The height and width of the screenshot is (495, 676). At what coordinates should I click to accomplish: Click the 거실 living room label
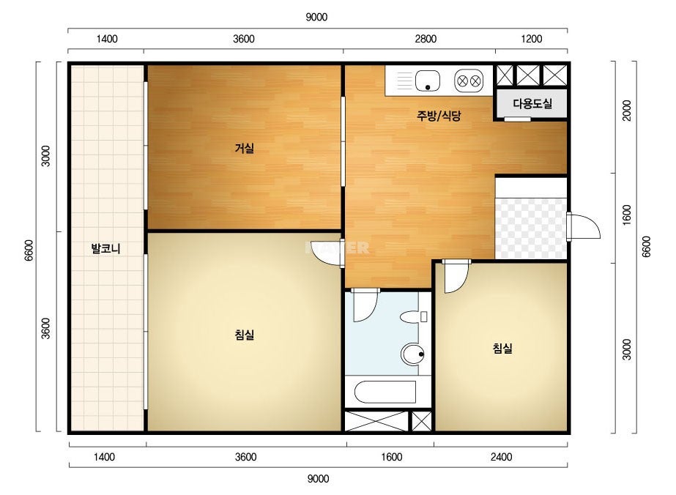[245, 149]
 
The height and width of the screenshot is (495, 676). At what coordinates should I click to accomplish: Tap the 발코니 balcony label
[105, 248]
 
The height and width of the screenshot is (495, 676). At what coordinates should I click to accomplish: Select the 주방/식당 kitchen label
[439, 116]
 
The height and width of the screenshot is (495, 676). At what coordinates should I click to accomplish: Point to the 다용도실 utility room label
[532, 103]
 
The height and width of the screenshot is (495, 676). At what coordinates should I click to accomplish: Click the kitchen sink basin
[427, 81]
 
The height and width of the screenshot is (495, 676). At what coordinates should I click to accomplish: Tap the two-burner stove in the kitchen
[469, 81]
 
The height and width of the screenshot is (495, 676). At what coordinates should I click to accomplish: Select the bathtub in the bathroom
[385, 392]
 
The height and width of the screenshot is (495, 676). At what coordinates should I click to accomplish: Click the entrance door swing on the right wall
[583, 226]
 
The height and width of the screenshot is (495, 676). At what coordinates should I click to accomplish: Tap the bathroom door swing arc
[365, 306]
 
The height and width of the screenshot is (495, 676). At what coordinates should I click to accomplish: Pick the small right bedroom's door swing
[456, 277]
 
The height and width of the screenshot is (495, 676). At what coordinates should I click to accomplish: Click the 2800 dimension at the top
[426, 39]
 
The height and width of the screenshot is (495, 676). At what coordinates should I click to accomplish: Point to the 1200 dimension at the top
[531, 39]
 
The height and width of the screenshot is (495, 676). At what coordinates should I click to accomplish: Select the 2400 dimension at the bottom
[502, 457]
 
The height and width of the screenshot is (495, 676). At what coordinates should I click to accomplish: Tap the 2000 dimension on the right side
[627, 111]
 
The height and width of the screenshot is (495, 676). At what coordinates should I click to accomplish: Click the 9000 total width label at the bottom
[318, 479]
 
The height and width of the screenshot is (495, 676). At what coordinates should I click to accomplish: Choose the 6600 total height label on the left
[29, 250]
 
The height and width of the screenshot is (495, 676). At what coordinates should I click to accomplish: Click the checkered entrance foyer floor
[531, 228]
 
